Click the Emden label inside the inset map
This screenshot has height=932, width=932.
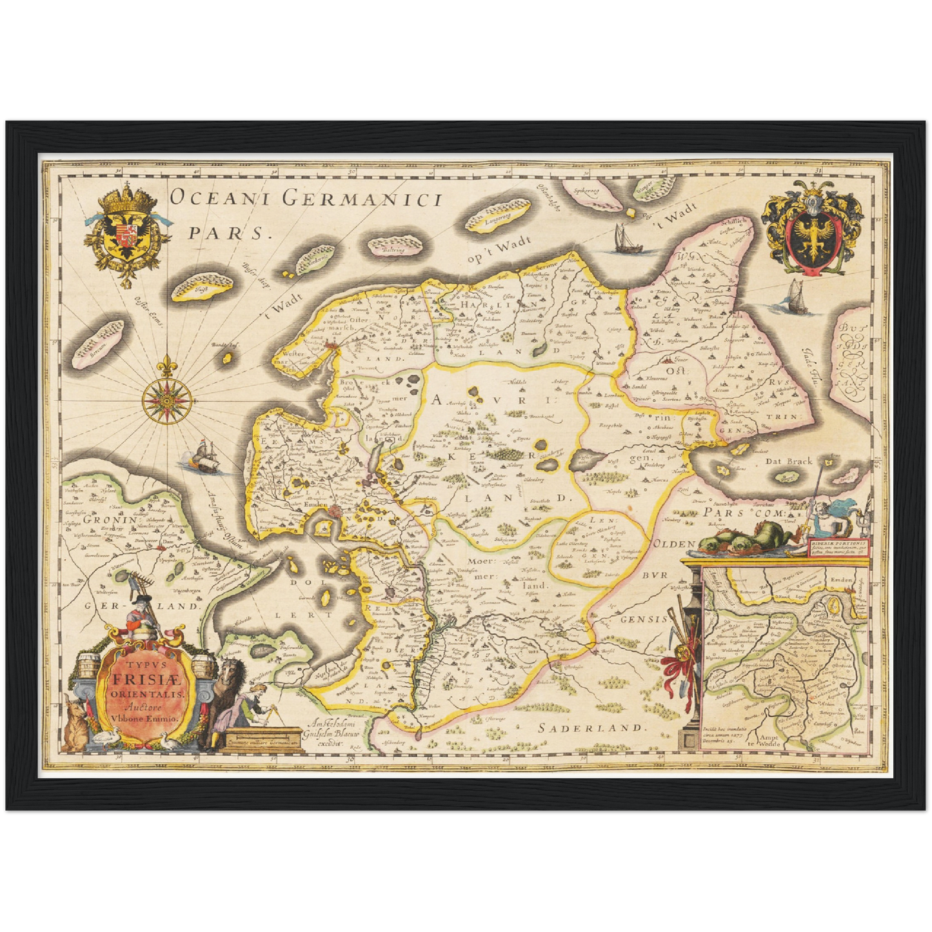coord(841,580)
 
